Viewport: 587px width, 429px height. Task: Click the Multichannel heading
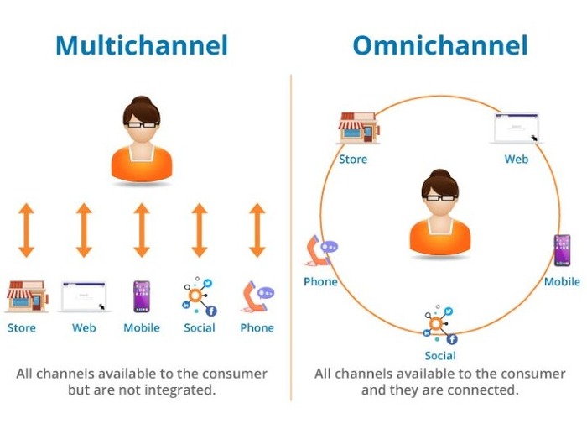point(142,45)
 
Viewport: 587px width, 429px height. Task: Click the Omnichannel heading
point(440,45)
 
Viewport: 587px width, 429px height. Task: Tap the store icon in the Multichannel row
point(27,296)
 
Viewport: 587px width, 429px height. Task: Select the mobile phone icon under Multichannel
point(142,296)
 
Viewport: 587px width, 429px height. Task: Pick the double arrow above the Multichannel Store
point(26,230)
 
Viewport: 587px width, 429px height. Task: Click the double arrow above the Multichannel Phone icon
point(257,230)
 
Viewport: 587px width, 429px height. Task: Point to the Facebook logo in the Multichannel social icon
point(211,311)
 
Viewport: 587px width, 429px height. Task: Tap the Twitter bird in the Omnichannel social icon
point(449,311)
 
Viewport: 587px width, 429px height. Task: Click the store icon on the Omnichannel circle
point(359,128)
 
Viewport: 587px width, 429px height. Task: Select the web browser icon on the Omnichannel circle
point(517,128)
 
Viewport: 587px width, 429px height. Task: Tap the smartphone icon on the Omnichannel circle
point(563,250)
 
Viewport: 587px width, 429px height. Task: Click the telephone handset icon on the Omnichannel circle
point(321,250)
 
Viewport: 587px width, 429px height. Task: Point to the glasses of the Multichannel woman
point(142,125)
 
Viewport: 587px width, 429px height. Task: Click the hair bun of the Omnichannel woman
point(440,175)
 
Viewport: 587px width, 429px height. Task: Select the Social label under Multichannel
point(200,328)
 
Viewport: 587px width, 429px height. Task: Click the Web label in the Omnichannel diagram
point(517,159)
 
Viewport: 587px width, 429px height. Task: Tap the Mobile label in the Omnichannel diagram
point(562,282)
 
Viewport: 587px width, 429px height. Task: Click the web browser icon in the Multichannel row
point(84,296)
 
